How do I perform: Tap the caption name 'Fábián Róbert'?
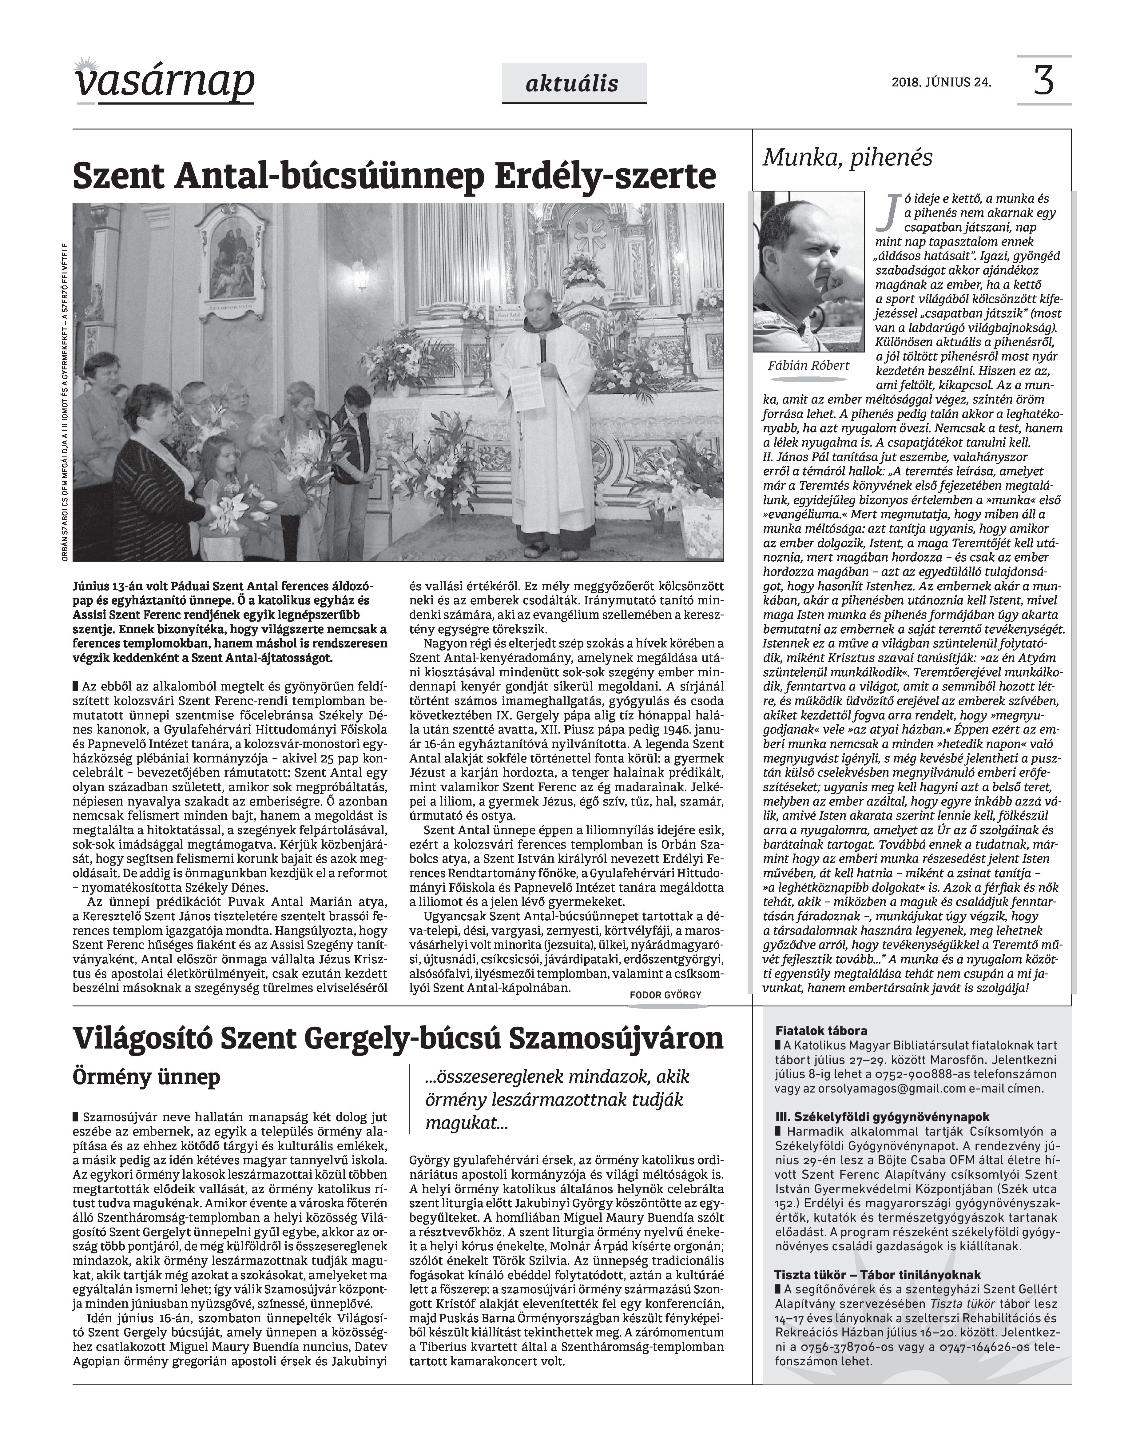[809, 366]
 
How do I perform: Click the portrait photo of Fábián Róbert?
[809, 271]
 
